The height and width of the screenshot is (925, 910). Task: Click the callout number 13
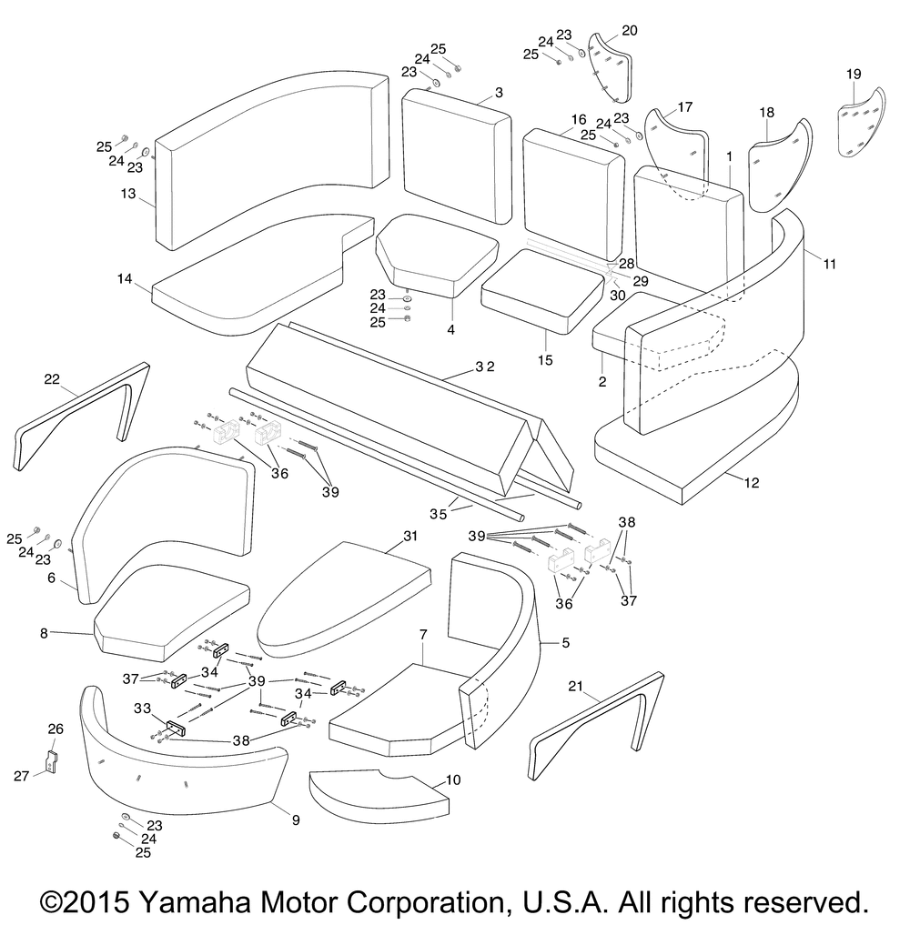coord(128,194)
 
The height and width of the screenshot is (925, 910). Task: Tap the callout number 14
coord(125,278)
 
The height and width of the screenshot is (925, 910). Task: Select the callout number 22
coord(52,378)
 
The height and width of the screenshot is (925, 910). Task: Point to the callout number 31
coord(410,536)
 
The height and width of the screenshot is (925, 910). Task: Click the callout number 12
coord(752,483)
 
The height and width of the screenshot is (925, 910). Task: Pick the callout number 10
coord(452,779)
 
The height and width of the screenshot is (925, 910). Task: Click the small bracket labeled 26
coord(51,761)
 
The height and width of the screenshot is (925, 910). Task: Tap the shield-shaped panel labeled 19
coord(862,123)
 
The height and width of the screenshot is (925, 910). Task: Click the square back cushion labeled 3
coord(456,156)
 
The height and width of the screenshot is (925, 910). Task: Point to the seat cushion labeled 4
coord(438,256)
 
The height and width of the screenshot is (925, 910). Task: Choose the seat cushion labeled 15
coord(542,291)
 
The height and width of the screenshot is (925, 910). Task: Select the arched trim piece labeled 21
coord(596,726)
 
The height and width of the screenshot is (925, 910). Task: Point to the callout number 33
coord(142,708)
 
